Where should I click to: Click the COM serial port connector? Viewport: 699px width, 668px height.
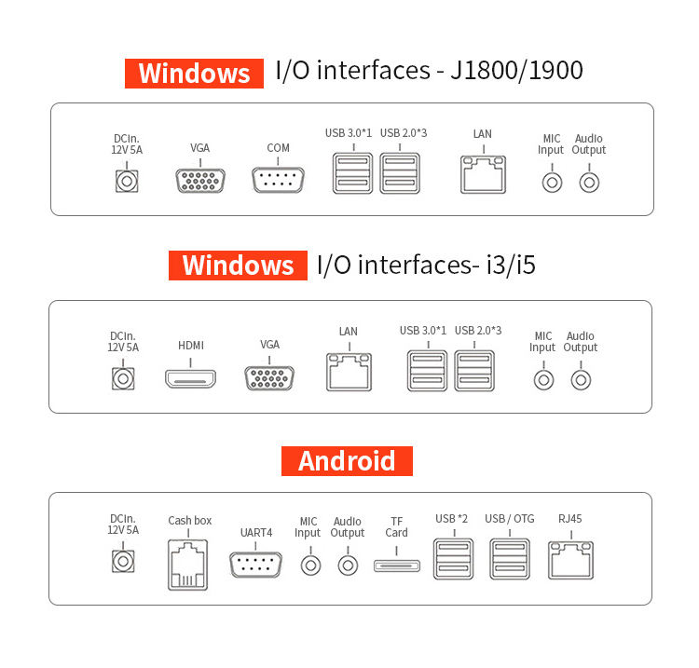[278, 179]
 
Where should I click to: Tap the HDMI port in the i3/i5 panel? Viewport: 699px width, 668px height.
[190, 379]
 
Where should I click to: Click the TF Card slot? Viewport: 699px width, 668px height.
[396, 565]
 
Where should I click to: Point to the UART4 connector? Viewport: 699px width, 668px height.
[256, 565]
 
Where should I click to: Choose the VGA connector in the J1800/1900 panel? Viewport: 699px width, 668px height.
[199, 179]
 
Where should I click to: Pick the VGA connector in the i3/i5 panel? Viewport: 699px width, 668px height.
[269, 378]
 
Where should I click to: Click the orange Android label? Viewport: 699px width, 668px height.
[347, 461]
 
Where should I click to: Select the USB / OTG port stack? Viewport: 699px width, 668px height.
[510, 558]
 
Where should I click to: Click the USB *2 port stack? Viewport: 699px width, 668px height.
[451, 558]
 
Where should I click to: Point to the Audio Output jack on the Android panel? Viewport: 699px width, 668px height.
[348, 564]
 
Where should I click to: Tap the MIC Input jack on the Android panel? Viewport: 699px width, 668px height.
[308, 564]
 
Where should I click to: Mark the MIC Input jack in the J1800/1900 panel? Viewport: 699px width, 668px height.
[552, 181]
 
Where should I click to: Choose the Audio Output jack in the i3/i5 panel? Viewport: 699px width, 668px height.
[581, 379]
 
